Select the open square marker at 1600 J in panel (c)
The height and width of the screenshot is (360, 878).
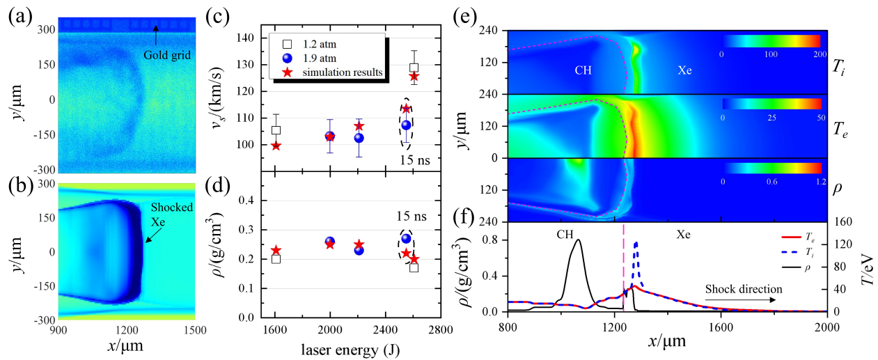tap(276, 130)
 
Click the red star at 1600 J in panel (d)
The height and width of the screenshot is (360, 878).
tap(276, 251)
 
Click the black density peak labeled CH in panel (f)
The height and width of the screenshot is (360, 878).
tap(578, 241)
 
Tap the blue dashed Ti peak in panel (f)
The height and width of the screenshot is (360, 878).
tap(635, 244)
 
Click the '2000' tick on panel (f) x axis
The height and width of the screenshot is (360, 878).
tap(826, 326)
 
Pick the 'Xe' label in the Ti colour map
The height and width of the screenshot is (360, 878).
tap(686, 70)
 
